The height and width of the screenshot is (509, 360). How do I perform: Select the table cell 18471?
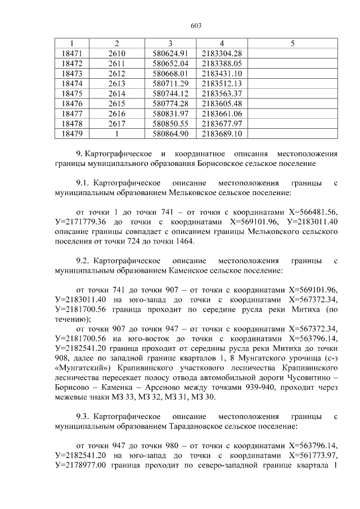[x=71, y=53]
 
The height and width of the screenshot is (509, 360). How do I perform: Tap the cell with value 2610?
[x=116, y=53]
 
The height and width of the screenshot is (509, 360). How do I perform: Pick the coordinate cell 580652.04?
[x=170, y=63]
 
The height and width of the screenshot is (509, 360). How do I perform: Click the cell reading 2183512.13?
[x=222, y=83]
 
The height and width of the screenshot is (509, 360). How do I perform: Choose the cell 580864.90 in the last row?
[x=170, y=134]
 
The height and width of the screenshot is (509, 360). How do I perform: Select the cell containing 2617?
[x=116, y=124]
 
